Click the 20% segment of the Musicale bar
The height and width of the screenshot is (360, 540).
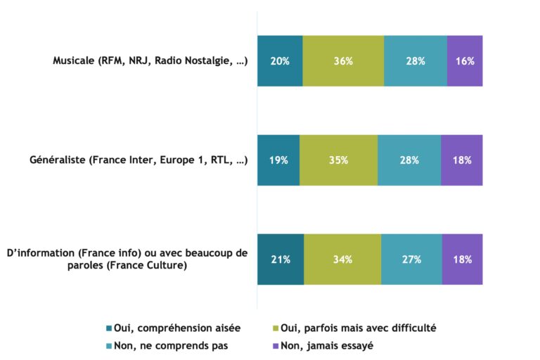click(280, 61)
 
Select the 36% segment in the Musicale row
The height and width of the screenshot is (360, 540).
click(343, 61)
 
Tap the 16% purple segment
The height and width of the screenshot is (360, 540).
click(465, 61)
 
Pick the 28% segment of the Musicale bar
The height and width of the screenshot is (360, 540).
click(416, 61)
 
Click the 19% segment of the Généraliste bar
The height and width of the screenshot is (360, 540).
click(278, 160)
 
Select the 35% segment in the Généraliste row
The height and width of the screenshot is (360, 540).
click(338, 160)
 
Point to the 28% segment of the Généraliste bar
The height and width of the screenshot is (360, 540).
click(409, 160)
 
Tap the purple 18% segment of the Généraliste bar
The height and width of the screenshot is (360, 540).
click(462, 160)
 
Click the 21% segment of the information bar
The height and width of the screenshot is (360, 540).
click(281, 259)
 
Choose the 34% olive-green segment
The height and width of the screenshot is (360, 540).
click(342, 259)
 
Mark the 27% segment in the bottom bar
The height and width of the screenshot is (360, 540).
click(411, 259)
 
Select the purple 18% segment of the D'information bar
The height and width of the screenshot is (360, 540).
click(463, 259)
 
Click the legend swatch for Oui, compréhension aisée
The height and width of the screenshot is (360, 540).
click(109, 328)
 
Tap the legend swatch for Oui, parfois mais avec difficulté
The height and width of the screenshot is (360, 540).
click(276, 328)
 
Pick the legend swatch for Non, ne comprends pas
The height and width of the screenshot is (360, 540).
click(109, 346)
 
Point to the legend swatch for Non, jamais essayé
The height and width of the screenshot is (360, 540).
click(276, 346)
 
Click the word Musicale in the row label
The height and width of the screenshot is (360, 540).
click(73, 60)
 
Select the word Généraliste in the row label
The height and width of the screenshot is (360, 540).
click(58, 160)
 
